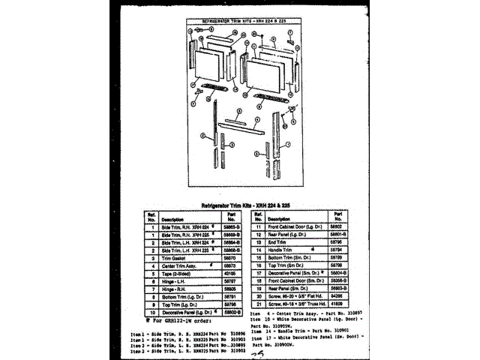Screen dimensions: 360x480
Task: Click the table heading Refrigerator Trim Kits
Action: (239, 204)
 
